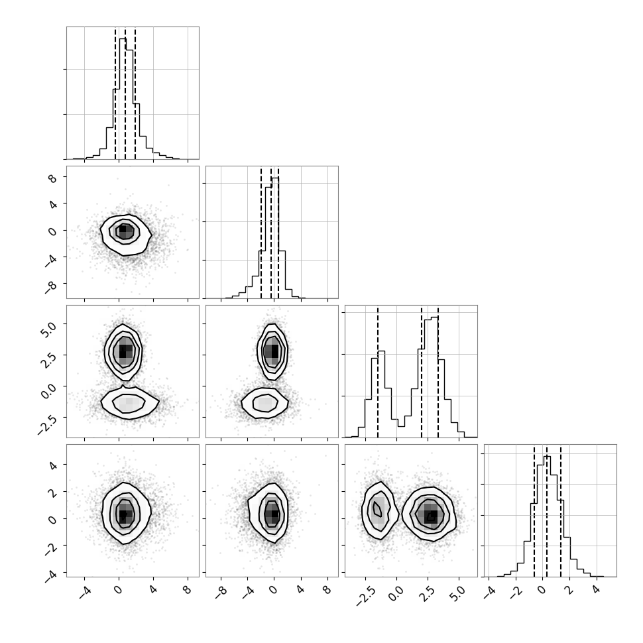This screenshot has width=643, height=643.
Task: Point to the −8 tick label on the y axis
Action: pos(51,286)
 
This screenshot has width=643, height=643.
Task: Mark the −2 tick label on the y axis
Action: pos(51,548)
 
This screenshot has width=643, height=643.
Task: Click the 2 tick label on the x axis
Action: pos(569,590)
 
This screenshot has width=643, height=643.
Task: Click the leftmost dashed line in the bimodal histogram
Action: pos(378,373)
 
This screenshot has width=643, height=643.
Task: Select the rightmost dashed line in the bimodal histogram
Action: pos(438,373)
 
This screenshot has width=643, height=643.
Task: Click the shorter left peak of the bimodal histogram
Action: pos(381,351)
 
